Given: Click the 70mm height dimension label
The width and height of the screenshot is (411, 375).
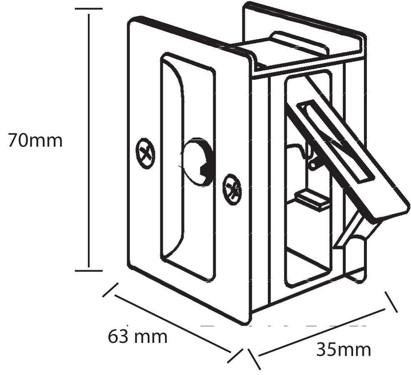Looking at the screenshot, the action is click(x=35, y=141).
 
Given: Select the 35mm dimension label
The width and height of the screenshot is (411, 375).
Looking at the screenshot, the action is click(x=344, y=350).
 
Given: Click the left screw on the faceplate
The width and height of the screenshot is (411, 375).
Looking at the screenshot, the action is click(x=145, y=153).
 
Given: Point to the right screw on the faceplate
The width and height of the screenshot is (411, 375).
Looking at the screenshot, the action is click(x=232, y=189).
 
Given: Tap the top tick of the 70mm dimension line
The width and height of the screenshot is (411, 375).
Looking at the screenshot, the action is click(x=89, y=9).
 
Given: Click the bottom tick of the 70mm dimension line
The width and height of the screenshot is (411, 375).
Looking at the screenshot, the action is click(x=89, y=270).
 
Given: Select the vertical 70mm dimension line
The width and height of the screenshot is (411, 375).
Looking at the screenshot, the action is click(x=89, y=141).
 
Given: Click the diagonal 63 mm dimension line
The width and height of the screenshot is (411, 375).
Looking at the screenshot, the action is click(x=172, y=324).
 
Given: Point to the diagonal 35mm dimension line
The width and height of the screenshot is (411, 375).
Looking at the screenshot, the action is click(x=321, y=332).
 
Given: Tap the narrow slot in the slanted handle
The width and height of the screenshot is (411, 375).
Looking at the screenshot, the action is click(x=336, y=142).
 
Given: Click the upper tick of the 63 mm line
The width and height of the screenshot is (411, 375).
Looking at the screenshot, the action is click(x=111, y=290).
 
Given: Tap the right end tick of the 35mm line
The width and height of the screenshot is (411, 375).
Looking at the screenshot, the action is click(x=391, y=302).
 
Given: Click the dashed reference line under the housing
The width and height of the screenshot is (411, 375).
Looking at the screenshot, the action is click(x=283, y=326).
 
